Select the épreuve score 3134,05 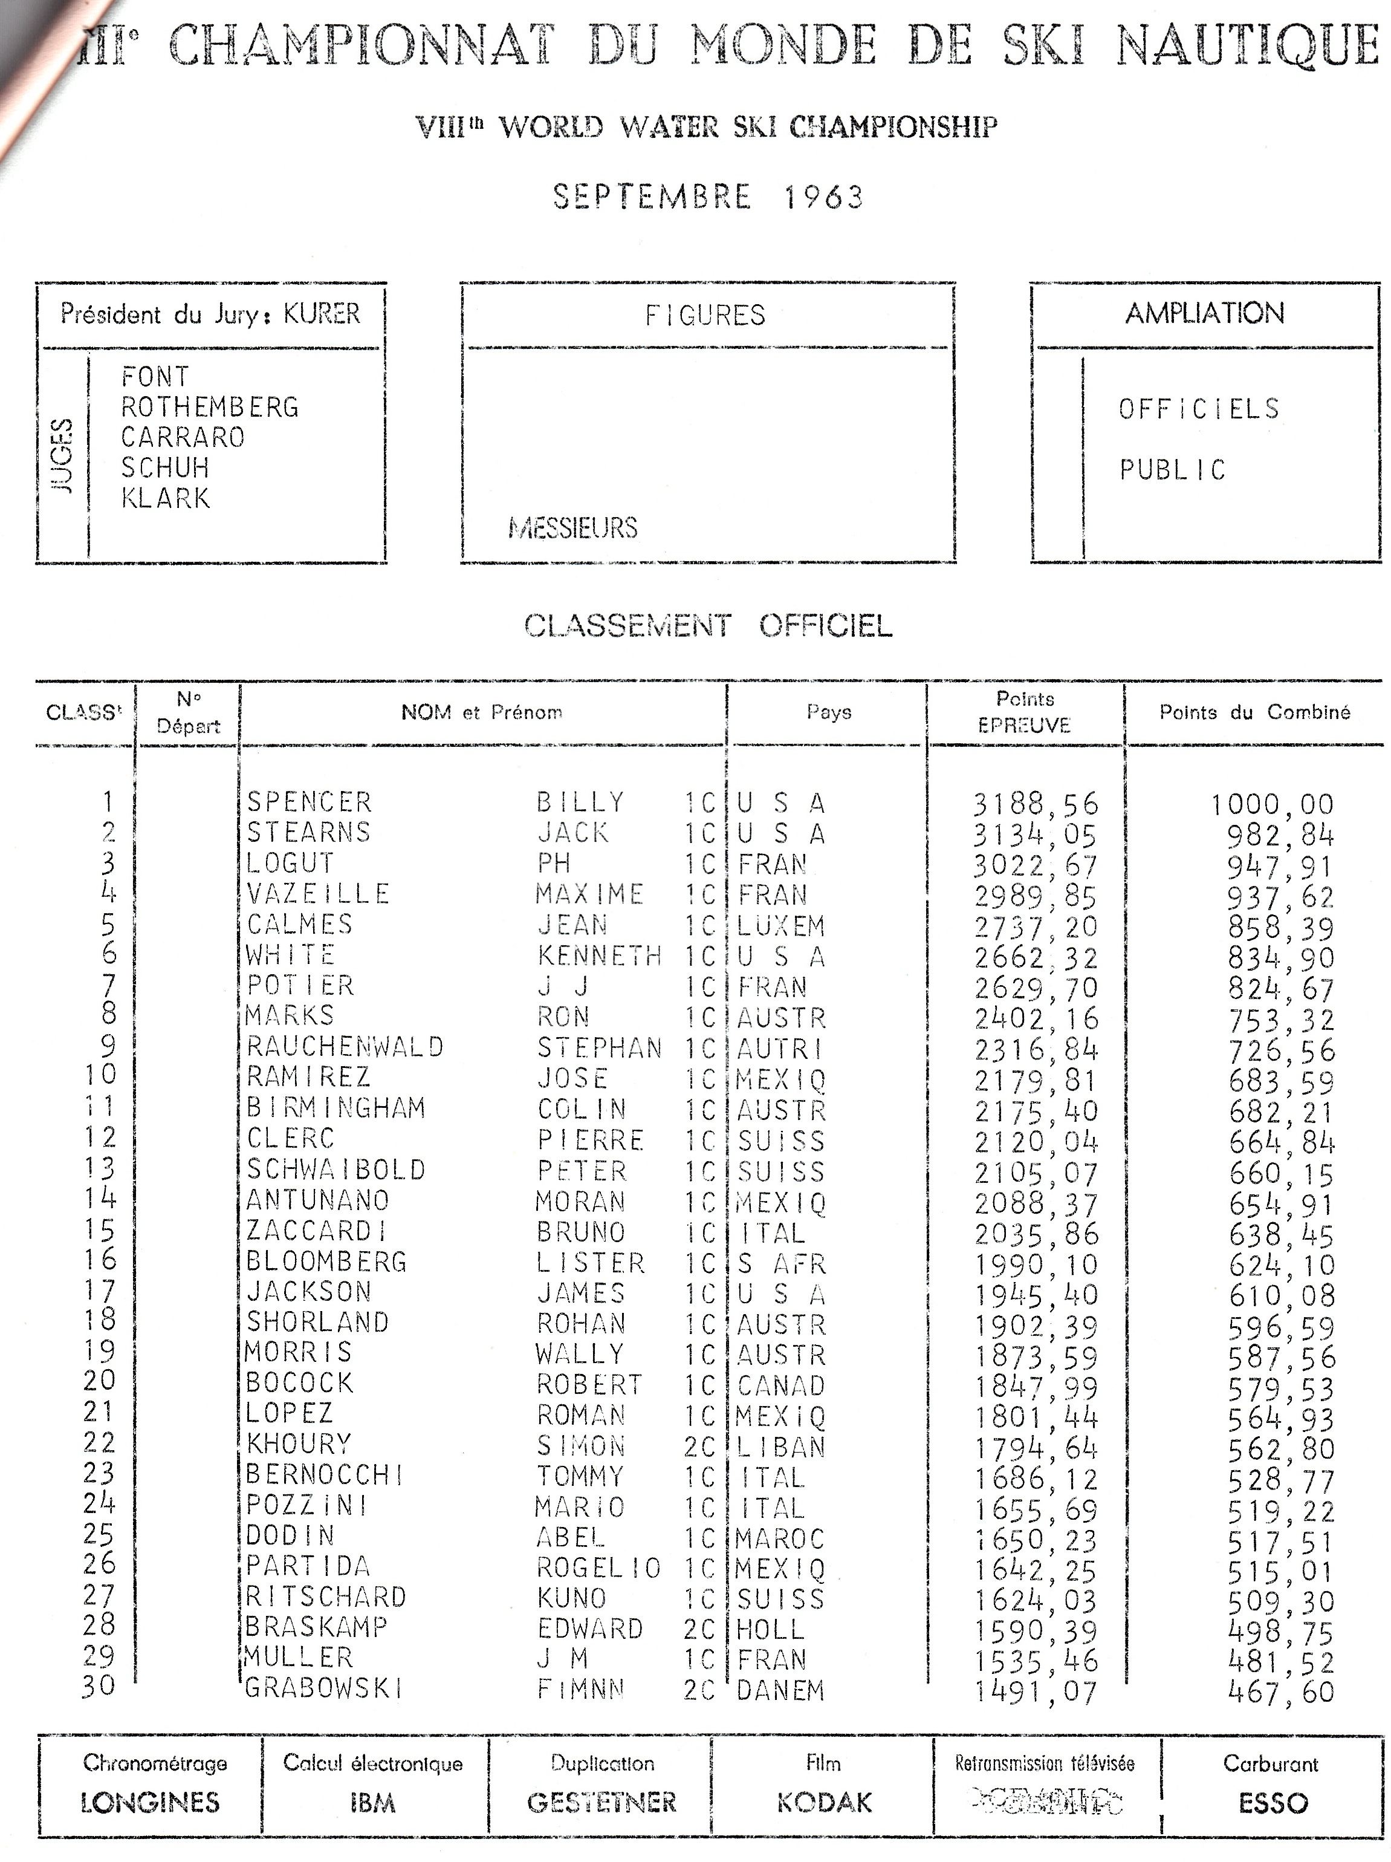(1036, 834)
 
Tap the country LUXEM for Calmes (781, 925)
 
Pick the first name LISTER (591, 1263)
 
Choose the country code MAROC (779, 1538)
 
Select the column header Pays (829, 712)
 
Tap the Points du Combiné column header (1254, 712)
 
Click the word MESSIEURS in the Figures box (573, 528)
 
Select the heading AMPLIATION (1204, 314)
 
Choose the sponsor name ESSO (1273, 1803)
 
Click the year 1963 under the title (823, 197)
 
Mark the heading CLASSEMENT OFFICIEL (708, 627)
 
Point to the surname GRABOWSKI (323, 1688)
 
